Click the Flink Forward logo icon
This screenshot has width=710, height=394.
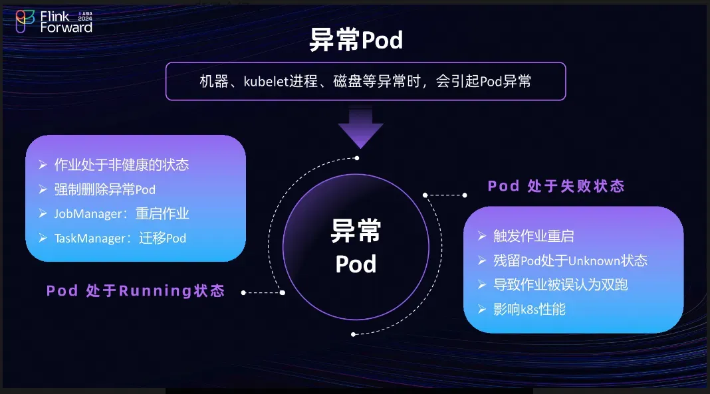click(x=25, y=21)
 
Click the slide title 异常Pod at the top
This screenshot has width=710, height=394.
click(x=356, y=40)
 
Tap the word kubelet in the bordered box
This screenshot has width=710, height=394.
click(x=266, y=82)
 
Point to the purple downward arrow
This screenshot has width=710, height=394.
click(x=360, y=127)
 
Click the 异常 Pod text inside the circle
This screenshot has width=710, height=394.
click(x=356, y=246)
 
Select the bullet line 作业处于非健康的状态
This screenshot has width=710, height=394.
click(x=122, y=165)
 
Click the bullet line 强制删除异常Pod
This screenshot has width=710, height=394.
click(x=104, y=189)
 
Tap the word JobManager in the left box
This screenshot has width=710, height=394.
click(x=88, y=213)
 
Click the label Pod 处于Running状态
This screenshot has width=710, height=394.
click(x=136, y=290)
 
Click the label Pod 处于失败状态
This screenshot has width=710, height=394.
click(x=556, y=186)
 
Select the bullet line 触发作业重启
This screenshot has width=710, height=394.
click(x=533, y=236)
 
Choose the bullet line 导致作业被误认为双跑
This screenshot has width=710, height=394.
click(x=560, y=284)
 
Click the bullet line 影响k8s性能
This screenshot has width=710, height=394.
click(x=529, y=310)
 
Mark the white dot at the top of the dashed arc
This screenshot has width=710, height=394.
click(x=357, y=158)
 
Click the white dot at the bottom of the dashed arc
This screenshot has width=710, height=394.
click(x=353, y=334)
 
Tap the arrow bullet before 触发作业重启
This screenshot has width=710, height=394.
click(x=482, y=236)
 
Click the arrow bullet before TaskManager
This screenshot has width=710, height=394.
click(x=43, y=238)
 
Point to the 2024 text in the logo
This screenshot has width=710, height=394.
click(x=85, y=19)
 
